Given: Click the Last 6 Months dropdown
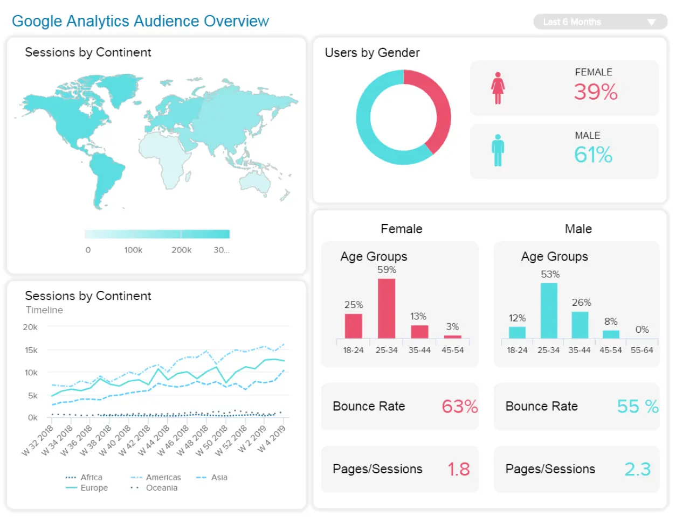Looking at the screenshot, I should [x=599, y=22].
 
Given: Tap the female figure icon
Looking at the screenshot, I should [x=498, y=88].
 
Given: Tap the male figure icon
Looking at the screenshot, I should [x=498, y=150].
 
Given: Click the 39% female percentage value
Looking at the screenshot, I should [x=595, y=92].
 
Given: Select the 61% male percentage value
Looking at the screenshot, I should [x=593, y=155].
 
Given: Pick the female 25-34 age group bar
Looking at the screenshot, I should [x=387, y=308].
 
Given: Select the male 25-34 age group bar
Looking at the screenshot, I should [x=549, y=310].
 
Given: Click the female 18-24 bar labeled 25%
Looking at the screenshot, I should [x=354, y=325].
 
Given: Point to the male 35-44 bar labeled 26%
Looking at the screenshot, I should [x=580, y=325].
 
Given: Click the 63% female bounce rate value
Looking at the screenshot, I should [x=459, y=407].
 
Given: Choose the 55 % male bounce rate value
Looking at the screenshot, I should [x=637, y=407].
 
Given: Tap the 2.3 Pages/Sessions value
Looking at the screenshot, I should [x=637, y=470].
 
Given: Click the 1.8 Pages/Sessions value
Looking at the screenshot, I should [x=458, y=470].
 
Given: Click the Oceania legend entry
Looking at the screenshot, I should [x=161, y=488].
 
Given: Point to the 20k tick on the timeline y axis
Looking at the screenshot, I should [x=30, y=327].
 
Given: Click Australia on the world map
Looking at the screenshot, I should [x=256, y=183].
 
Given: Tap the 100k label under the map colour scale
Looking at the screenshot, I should [x=133, y=250].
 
